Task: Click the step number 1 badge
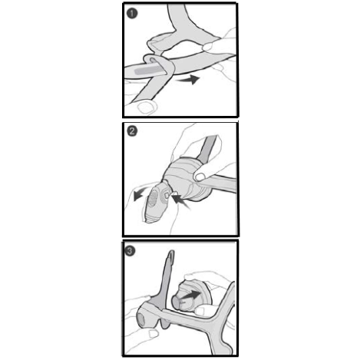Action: [132, 13]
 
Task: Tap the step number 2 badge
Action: [132, 131]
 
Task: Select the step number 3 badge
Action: [130, 251]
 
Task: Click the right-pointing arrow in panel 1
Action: [189, 79]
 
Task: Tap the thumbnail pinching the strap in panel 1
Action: [207, 46]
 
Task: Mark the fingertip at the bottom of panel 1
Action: [147, 107]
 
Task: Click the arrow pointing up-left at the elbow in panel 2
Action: [181, 201]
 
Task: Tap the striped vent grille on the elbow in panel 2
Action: [154, 199]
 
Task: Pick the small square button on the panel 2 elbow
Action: [167, 196]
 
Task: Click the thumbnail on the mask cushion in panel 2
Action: [200, 177]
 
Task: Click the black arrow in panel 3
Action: [190, 296]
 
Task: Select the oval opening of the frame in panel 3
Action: [141, 320]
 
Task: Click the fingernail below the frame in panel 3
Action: [154, 333]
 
